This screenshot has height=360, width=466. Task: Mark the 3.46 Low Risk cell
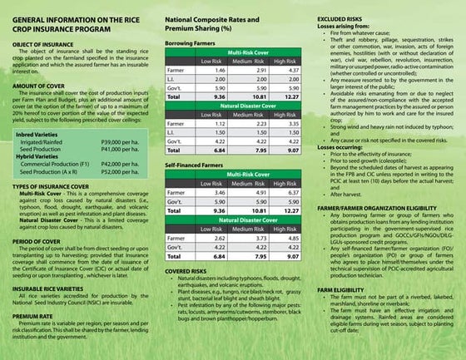pyautogui.click(x=211, y=215)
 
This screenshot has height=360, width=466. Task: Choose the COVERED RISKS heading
pyautogui.click(x=191, y=294)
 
